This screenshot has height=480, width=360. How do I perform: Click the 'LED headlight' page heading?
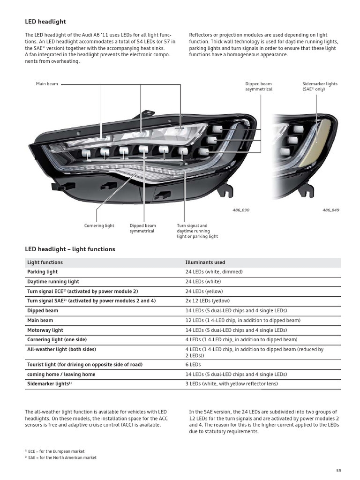(45, 22)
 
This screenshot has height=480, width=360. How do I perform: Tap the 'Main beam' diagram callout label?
(47, 84)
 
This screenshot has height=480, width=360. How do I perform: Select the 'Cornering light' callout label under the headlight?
(99, 226)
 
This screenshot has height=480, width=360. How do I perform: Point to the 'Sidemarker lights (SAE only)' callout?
(320, 86)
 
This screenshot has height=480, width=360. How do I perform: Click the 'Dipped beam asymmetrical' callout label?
(258, 86)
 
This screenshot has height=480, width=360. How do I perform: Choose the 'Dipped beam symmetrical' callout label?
(142, 228)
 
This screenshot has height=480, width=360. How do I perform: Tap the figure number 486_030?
(241, 210)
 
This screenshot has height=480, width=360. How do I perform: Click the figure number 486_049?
(330, 210)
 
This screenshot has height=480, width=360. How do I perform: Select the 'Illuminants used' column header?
(205, 262)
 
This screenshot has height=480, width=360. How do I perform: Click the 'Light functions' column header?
(45, 262)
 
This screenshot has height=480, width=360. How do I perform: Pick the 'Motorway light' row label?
(45, 330)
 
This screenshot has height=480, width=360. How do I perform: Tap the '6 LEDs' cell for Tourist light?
(193, 364)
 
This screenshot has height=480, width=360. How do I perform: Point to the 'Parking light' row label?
(42, 272)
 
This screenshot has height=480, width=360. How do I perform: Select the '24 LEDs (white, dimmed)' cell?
(214, 272)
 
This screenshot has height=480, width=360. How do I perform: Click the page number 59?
(339, 471)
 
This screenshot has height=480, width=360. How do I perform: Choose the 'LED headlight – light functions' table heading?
(70, 249)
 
